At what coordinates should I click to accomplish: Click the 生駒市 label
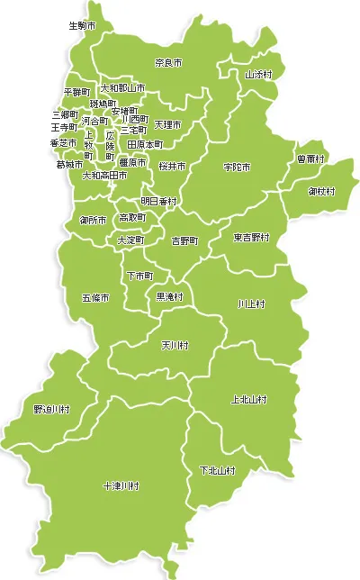click(82, 25)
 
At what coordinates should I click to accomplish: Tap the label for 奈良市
click(168, 63)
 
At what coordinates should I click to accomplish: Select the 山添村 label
click(258, 75)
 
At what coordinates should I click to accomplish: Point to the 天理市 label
click(167, 124)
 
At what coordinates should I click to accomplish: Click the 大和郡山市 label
click(122, 88)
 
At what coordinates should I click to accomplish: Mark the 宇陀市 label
click(237, 168)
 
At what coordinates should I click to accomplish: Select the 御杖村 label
click(321, 191)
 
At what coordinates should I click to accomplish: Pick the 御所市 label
click(94, 219)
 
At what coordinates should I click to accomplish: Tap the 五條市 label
click(94, 297)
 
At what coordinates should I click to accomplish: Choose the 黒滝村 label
click(170, 295)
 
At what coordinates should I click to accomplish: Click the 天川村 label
click(175, 345)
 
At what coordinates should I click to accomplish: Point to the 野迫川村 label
click(52, 409)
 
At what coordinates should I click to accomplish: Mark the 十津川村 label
click(121, 486)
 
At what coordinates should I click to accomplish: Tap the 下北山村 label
click(217, 470)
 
